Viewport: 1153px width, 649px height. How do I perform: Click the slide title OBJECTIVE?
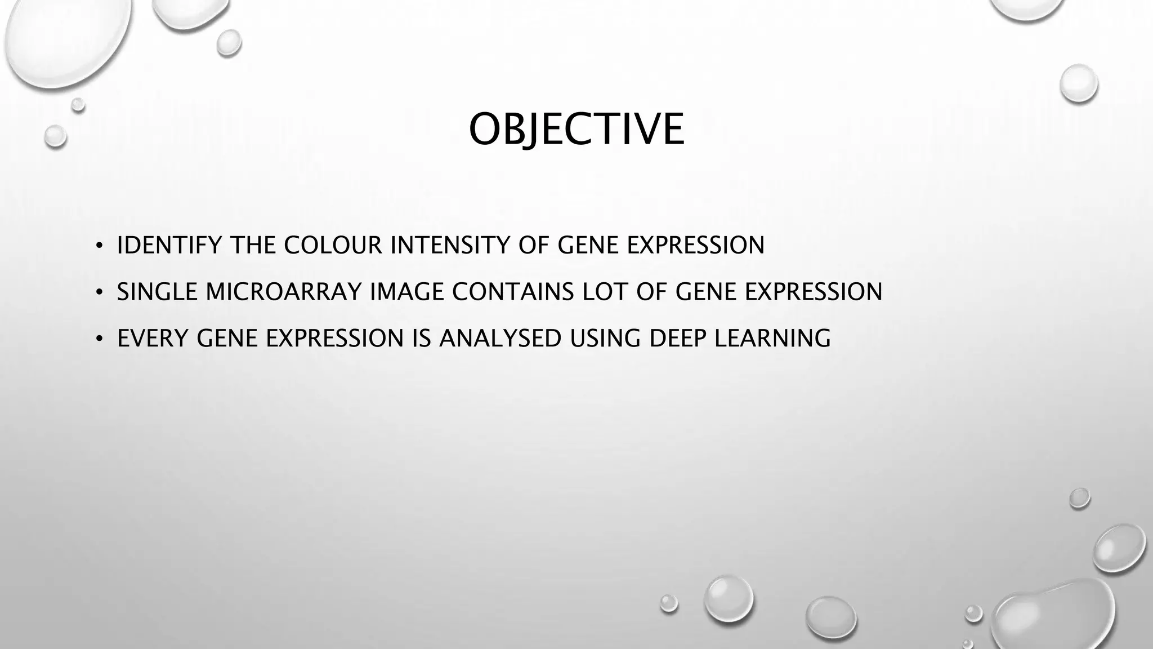point(576,130)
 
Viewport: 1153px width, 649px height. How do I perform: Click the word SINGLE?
point(157,292)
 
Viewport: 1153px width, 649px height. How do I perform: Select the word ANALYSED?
point(500,339)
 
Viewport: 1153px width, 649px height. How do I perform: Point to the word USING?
point(605,339)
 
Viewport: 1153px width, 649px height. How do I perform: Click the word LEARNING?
point(772,339)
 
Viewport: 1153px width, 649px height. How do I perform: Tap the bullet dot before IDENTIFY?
point(99,246)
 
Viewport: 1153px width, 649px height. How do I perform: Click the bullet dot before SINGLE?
point(99,292)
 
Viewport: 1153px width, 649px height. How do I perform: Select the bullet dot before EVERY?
point(99,339)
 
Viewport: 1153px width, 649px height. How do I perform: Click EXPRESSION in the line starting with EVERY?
point(334,339)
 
